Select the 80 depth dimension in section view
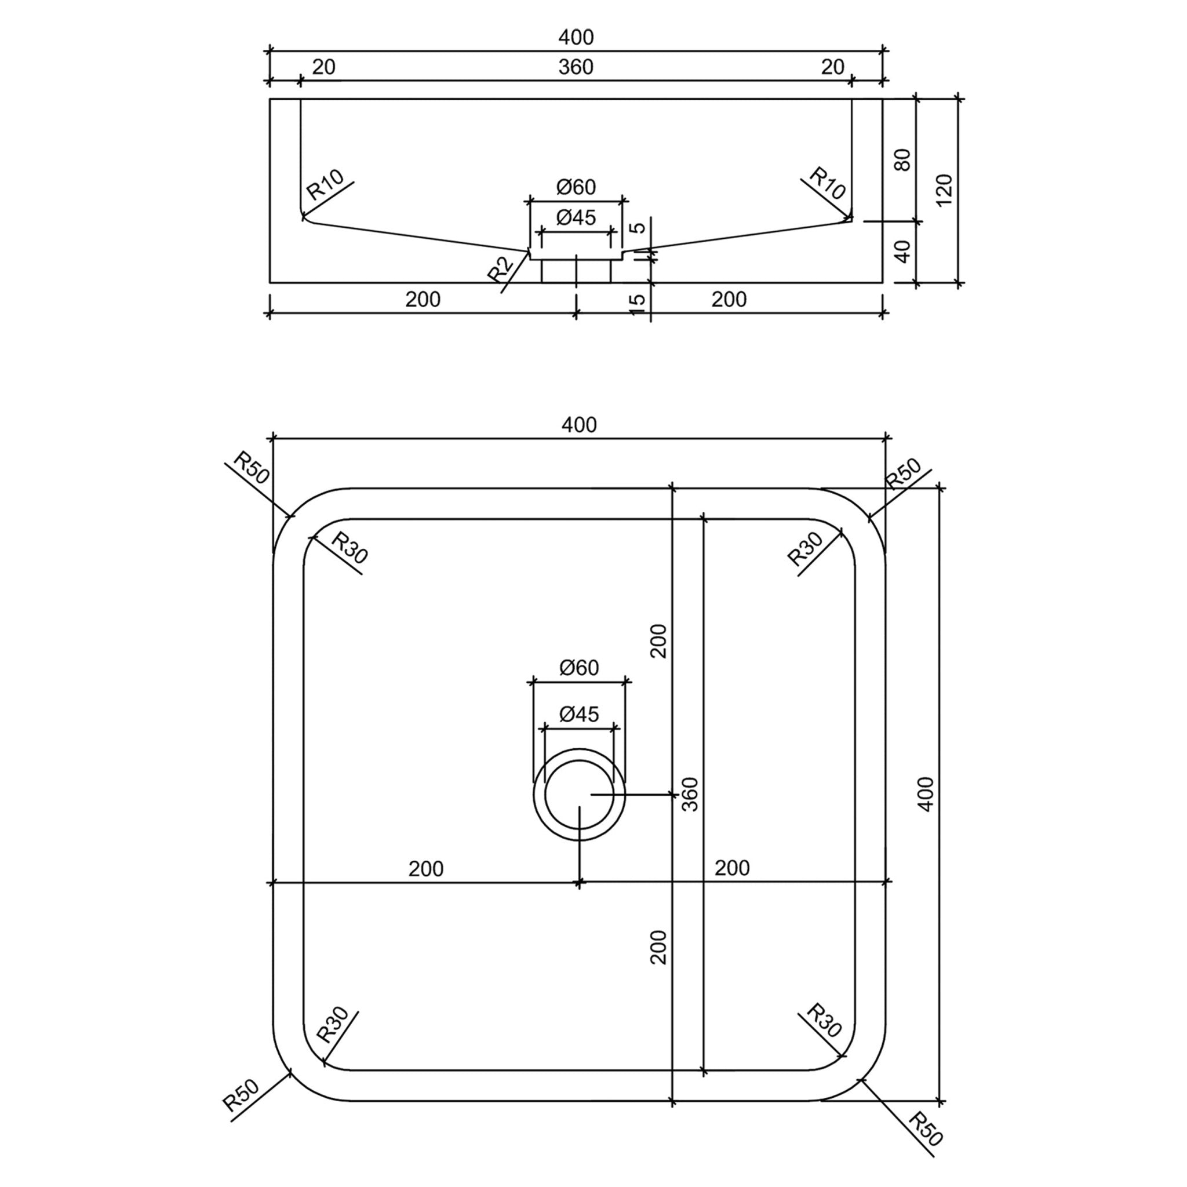point(902,160)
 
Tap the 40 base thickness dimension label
point(902,252)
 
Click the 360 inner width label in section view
point(576,67)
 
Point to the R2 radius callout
point(500,269)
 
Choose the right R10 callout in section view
point(827,183)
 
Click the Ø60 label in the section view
point(576,187)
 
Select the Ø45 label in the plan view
point(579,714)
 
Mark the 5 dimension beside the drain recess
point(638,227)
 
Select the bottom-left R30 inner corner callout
point(332,1025)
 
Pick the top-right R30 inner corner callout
point(805,549)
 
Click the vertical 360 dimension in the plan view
point(690,795)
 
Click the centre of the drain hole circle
point(579,795)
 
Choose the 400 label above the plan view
point(579,424)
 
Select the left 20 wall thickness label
point(324,67)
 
